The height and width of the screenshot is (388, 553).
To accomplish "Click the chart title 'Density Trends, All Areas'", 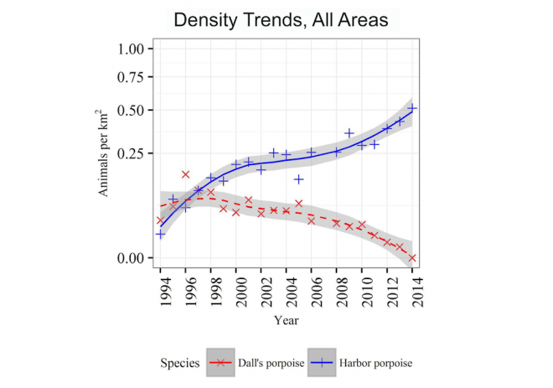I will pyautogui.click(x=281, y=20).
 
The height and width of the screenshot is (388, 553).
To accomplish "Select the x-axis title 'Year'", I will pyautogui.click(x=286, y=319).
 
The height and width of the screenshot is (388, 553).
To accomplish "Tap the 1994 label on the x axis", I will pyautogui.click(x=160, y=288).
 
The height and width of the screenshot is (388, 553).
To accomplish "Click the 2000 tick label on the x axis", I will pyautogui.click(x=236, y=288).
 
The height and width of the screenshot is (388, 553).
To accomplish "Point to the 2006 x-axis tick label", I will pyautogui.click(x=312, y=288).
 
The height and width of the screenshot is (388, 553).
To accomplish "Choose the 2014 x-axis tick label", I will pyautogui.click(x=413, y=288).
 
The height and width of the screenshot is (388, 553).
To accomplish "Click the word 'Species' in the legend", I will pyautogui.click(x=179, y=363).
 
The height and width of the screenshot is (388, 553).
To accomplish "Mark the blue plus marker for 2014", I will pyautogui.click(x=412, y=108).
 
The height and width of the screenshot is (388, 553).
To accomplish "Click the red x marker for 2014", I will pyautogui.click(x=412, y=258).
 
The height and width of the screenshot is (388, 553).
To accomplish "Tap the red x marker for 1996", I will pyautogui.click(x=185, y=174).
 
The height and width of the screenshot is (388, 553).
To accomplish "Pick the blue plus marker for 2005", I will pyautogui.click(x=299, y=179).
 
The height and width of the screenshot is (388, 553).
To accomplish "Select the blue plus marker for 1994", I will pyautogui.click(x=160, y=235).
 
